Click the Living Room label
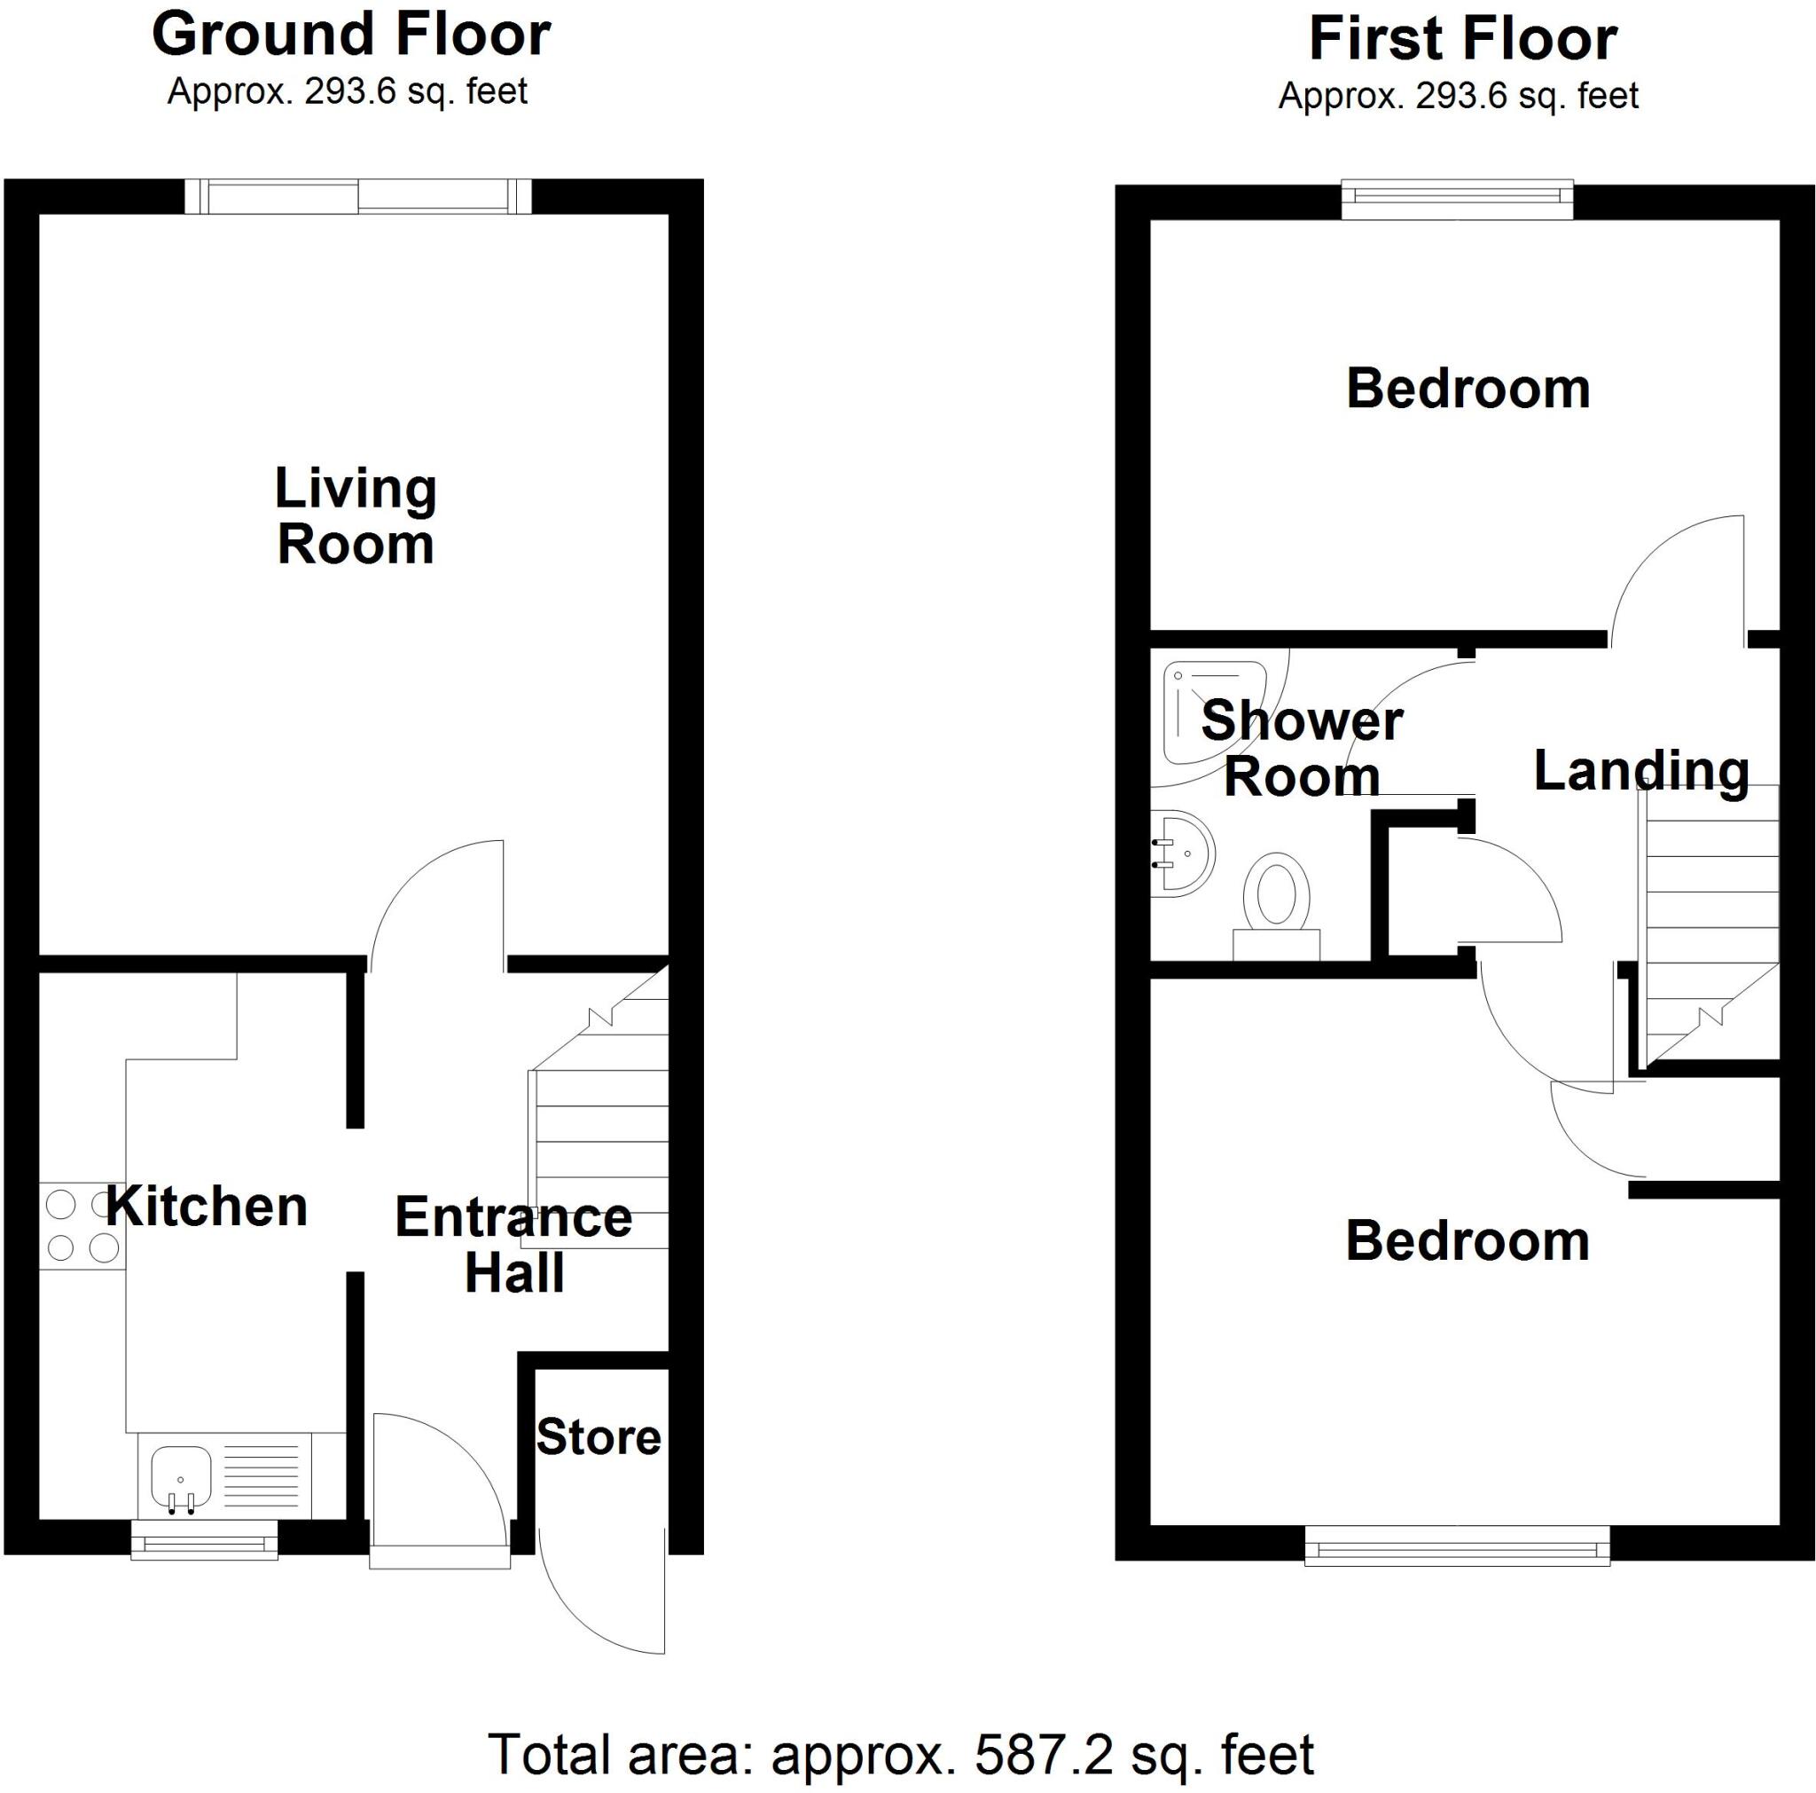click(356, 516)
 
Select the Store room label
click(599, 1436)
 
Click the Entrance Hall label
click(513, 1245)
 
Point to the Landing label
click(1640, 770)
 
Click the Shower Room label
click(1302, 749)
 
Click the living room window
click(358, 196)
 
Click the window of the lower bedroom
click(1457, 1545)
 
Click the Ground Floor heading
click(350, 35)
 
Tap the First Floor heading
click(1462, 40)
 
